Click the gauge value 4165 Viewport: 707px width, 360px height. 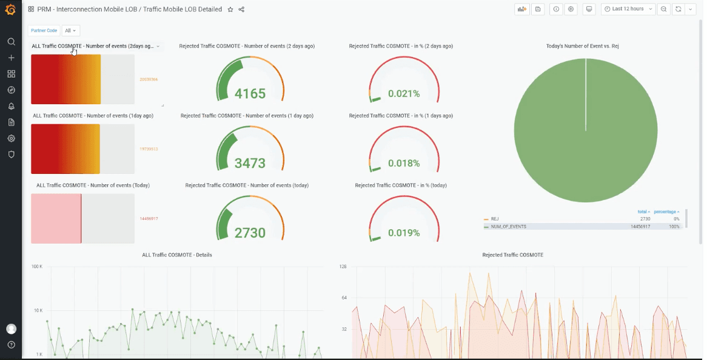pos(250,93)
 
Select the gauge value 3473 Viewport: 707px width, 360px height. pos(250,163)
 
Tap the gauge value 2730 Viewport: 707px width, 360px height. pos(250,233)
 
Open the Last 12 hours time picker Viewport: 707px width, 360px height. pos(628,9)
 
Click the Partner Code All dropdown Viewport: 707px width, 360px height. pos(72,30)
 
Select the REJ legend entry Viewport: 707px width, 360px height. pos(495,219)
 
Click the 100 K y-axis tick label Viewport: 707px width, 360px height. pos(36,267)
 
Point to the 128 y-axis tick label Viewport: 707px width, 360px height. pos(343,267)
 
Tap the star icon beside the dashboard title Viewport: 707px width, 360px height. pos(230,10)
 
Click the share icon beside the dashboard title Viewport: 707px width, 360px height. pos(241,10)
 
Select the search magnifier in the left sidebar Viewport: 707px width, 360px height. pos(11,42)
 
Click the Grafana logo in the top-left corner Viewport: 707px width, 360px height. pos(10,9)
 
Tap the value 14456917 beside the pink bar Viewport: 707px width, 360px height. pos(149,218)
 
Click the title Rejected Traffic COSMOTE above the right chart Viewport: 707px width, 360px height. pos(512,255)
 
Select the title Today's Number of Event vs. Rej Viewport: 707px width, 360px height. pos(582,46)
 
